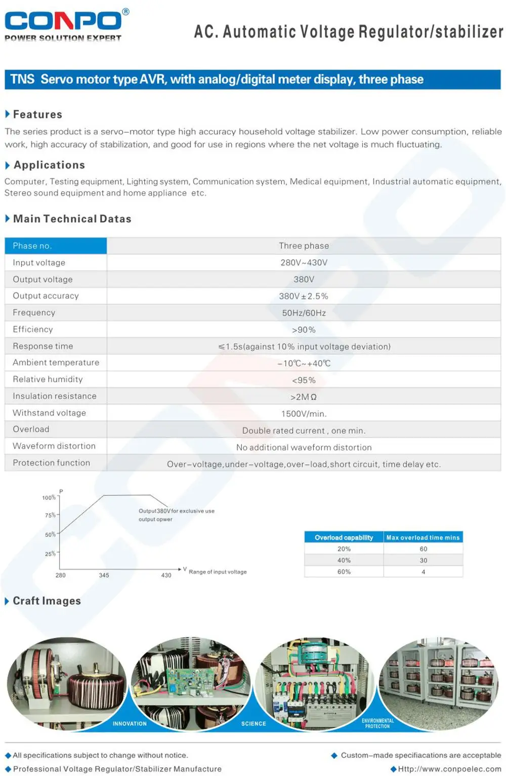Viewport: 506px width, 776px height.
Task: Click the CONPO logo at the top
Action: (x=63, y=21)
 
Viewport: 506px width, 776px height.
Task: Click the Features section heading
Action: (x=37, y=114)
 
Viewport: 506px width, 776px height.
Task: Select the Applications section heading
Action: (x=49, y=165)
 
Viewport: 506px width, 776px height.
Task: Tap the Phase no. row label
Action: (x=32, y=246)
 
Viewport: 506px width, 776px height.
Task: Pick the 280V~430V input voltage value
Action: (x=304, y=263)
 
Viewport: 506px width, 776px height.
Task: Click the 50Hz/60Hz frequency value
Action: (x=304, y=313)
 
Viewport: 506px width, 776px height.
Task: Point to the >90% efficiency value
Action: (x=304, y=330)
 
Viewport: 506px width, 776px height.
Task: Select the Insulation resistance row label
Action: (x=55, y=396)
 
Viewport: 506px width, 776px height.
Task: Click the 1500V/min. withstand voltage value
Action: (x=304, y=414)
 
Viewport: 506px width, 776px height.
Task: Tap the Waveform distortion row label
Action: (x=54, y=446)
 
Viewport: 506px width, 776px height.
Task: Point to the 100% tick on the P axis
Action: (x=49, y=498)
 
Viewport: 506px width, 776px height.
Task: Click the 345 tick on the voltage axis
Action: (x=104, y=575)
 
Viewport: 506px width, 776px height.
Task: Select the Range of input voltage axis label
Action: (x=218, y=572)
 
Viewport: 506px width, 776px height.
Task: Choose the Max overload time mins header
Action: (x=423, y=537)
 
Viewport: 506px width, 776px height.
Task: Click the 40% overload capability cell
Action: (x=344, y=560)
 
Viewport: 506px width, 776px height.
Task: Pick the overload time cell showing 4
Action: (x=424, y=572)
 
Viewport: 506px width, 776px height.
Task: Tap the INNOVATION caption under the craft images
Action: (x=130, y=723)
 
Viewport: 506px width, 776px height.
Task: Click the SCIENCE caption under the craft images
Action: (x=254, y=723)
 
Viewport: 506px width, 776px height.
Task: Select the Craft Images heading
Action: (x=47, y=600)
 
